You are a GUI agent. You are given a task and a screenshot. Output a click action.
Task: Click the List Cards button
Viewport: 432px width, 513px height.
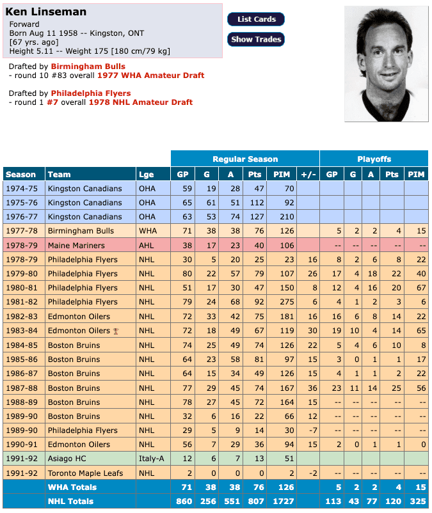256,19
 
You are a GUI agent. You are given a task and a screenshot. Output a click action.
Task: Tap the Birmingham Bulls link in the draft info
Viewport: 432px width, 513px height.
88,67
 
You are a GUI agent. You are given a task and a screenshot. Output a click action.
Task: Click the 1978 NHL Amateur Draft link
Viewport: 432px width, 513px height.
140,102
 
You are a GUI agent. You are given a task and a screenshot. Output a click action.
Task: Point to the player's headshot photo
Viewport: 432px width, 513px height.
385,64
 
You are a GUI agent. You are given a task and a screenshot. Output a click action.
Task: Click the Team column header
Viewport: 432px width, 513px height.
59,175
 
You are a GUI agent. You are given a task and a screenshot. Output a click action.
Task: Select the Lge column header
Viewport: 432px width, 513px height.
146,175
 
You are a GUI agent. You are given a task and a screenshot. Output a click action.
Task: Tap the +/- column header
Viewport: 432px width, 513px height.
308,175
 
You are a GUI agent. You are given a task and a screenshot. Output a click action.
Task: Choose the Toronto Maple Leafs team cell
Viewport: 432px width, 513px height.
86,473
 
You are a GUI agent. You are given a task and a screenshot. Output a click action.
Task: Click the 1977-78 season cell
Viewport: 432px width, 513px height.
22,231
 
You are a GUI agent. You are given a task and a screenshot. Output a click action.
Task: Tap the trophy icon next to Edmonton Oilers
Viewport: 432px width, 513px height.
116,331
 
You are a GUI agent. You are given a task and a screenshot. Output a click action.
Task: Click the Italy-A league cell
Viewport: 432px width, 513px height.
151,459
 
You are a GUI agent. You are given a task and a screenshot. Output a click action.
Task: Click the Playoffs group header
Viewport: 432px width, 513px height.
374,159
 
